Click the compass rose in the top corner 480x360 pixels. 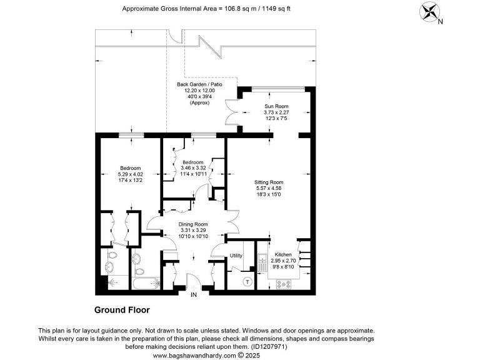(429, 12)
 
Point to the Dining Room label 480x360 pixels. (193, 224)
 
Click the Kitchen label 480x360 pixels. (283, 254)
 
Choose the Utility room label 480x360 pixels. (236, 256)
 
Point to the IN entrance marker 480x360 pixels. (194, 294)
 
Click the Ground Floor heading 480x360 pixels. (122, 309)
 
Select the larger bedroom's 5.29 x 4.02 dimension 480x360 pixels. (131, 174)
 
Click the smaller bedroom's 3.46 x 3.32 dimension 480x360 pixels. (193, 169)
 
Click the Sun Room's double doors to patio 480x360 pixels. (232, 113)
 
